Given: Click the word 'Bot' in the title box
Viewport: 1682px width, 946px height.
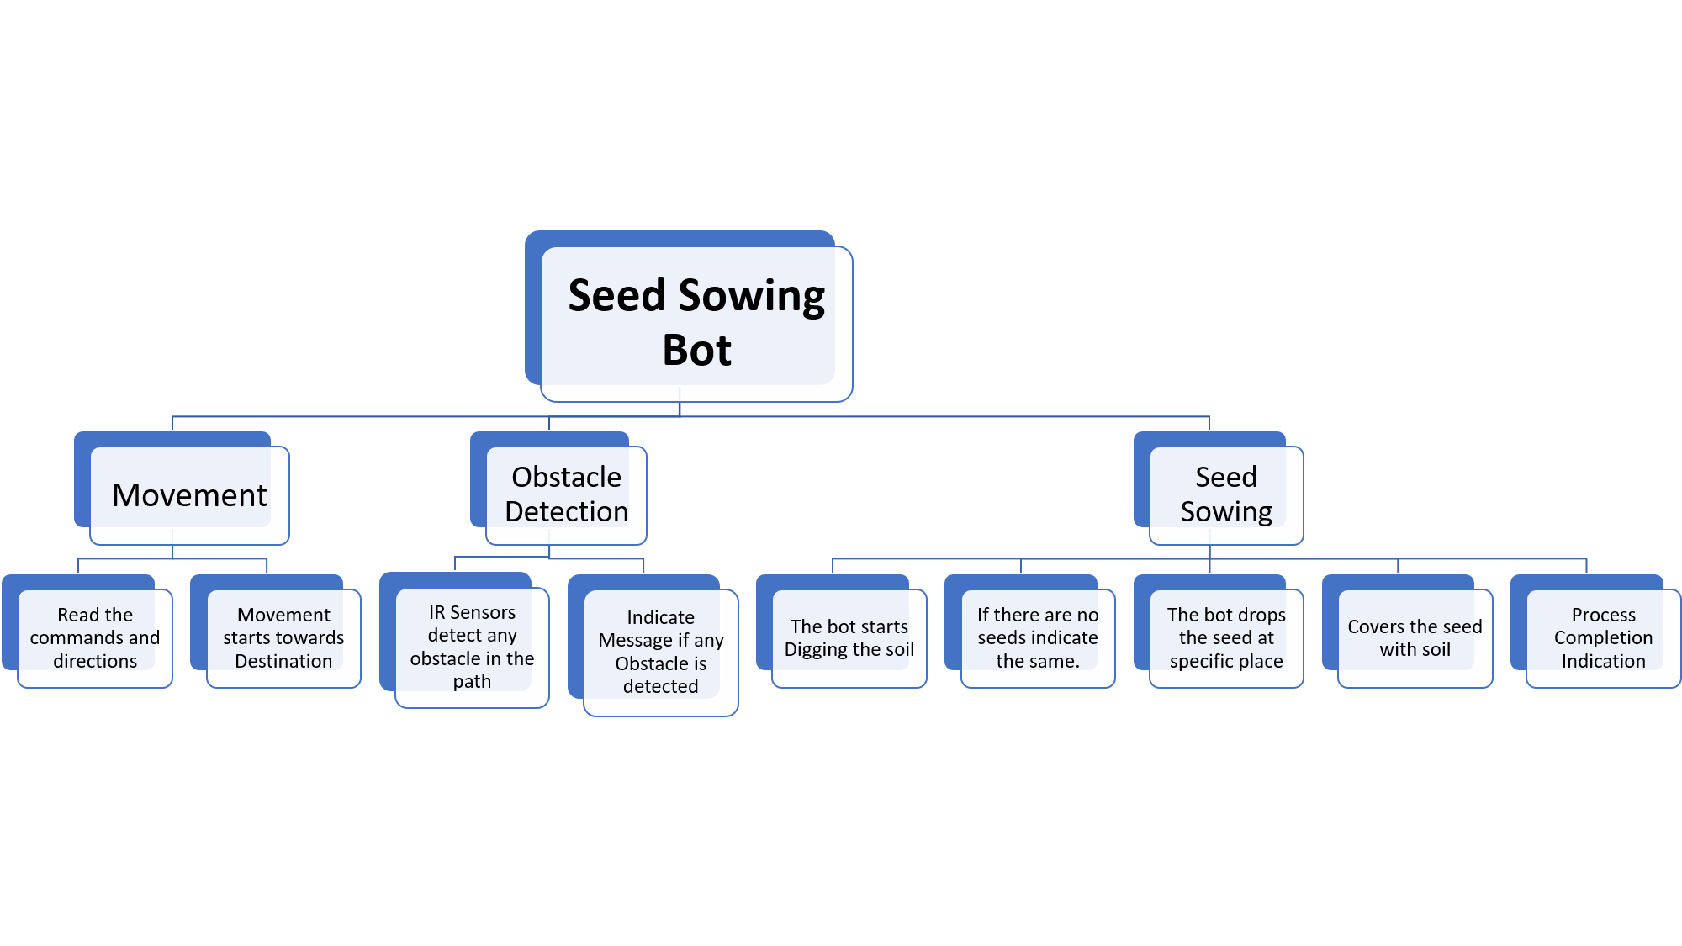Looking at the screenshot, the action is click(x=697, y=350).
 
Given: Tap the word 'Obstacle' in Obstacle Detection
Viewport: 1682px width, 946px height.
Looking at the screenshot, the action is click(x=566, y=478).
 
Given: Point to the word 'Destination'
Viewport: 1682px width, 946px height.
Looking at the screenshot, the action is click(x=283, y=662).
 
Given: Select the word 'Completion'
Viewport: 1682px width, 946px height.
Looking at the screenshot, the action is click(x=1604, y=639).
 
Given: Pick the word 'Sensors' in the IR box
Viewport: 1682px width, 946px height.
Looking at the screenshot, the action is click(x=483, y=613).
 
